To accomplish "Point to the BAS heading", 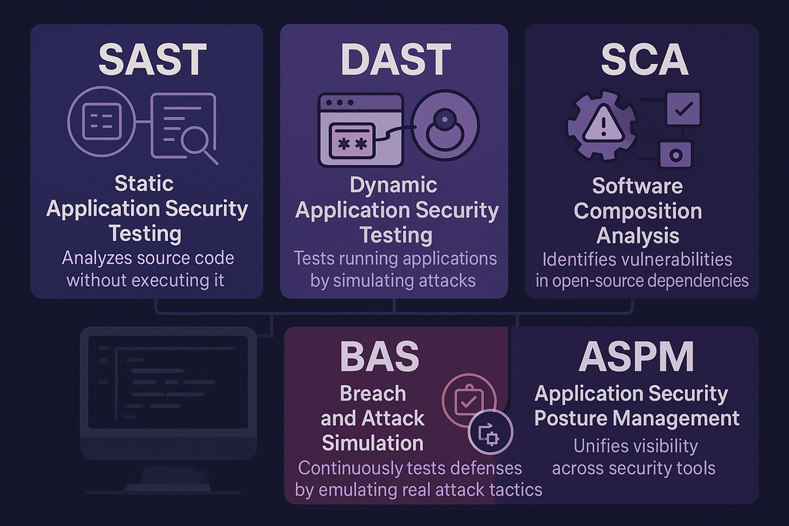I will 379,357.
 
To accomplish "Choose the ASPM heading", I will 636,357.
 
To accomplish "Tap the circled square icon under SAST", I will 100,123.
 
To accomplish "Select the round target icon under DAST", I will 445,126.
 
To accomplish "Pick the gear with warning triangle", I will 602,126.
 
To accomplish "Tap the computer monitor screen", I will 168,383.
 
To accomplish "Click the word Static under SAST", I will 144,183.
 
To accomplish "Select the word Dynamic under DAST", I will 394,186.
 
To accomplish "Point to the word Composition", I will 638,210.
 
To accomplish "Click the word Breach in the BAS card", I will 373,394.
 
